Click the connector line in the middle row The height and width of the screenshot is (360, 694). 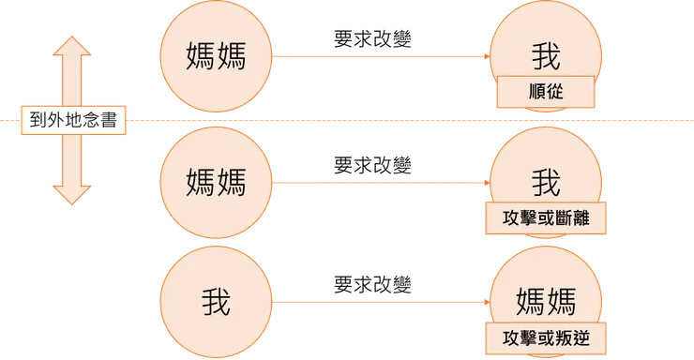pos(380,181)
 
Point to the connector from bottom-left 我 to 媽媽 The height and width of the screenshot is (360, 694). pos(380,301)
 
